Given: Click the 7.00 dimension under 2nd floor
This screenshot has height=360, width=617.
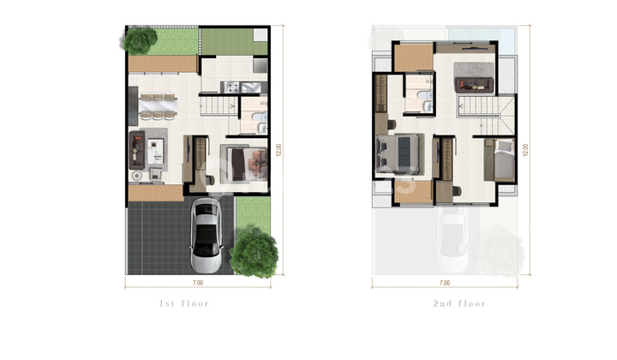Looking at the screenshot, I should (x=444, y=282).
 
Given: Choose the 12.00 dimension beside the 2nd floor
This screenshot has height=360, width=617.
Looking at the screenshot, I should (x=525, y=148).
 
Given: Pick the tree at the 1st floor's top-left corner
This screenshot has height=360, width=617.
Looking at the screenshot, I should (x=140, y=39).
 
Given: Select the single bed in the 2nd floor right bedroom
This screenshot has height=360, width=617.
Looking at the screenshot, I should (x=501, y=158).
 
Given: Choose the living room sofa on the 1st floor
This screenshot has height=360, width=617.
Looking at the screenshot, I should (x=135, y=151).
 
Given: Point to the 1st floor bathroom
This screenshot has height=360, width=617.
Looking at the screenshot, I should (x=254, y=117).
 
